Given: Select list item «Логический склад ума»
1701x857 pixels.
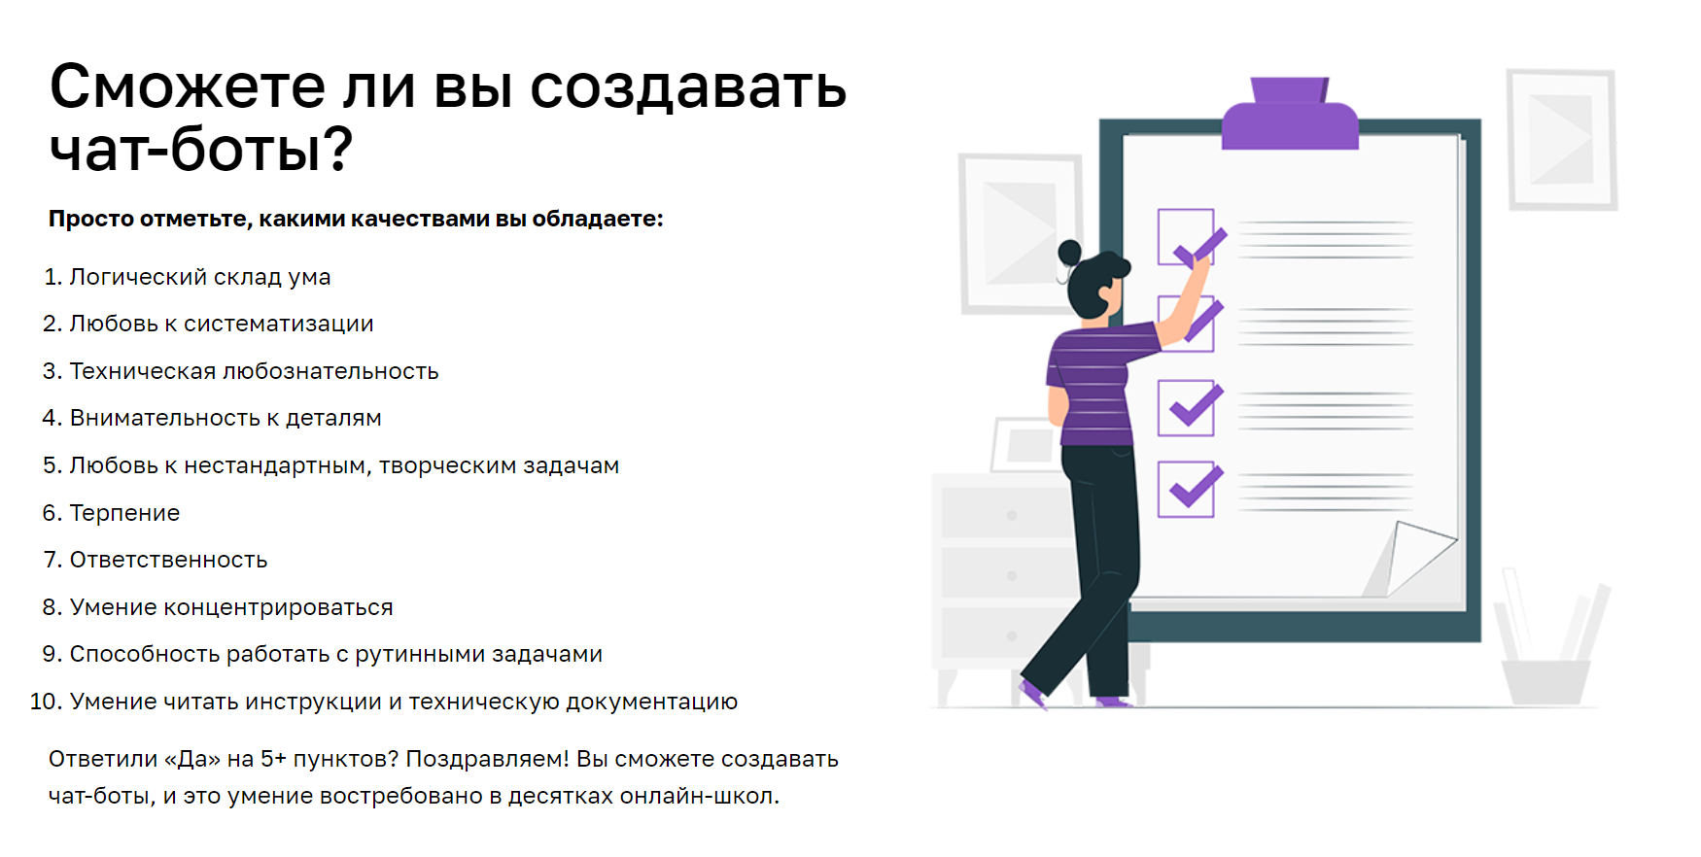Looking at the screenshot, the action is click(200, 277).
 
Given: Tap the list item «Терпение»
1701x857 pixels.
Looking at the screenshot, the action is click(124, 513).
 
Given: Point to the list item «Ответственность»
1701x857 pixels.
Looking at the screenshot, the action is click(168, 560).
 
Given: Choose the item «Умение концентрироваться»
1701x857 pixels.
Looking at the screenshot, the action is click(231, 607).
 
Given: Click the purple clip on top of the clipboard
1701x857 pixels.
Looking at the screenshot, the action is click(1290, 115).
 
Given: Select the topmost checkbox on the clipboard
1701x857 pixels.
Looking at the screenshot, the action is click(1186, 237).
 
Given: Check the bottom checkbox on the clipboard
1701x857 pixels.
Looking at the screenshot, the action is click(1186, 489).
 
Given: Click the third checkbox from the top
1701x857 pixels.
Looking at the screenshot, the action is click(1186, 408).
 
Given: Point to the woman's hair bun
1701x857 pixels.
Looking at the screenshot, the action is click(1069, 253).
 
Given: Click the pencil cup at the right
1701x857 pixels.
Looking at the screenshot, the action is click(1545, 681).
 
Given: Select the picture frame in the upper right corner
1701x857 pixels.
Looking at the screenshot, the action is click(1562, 139).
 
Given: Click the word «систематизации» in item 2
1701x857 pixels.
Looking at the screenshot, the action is click(279, 324).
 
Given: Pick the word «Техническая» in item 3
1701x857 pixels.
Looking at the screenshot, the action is click(143, 371).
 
